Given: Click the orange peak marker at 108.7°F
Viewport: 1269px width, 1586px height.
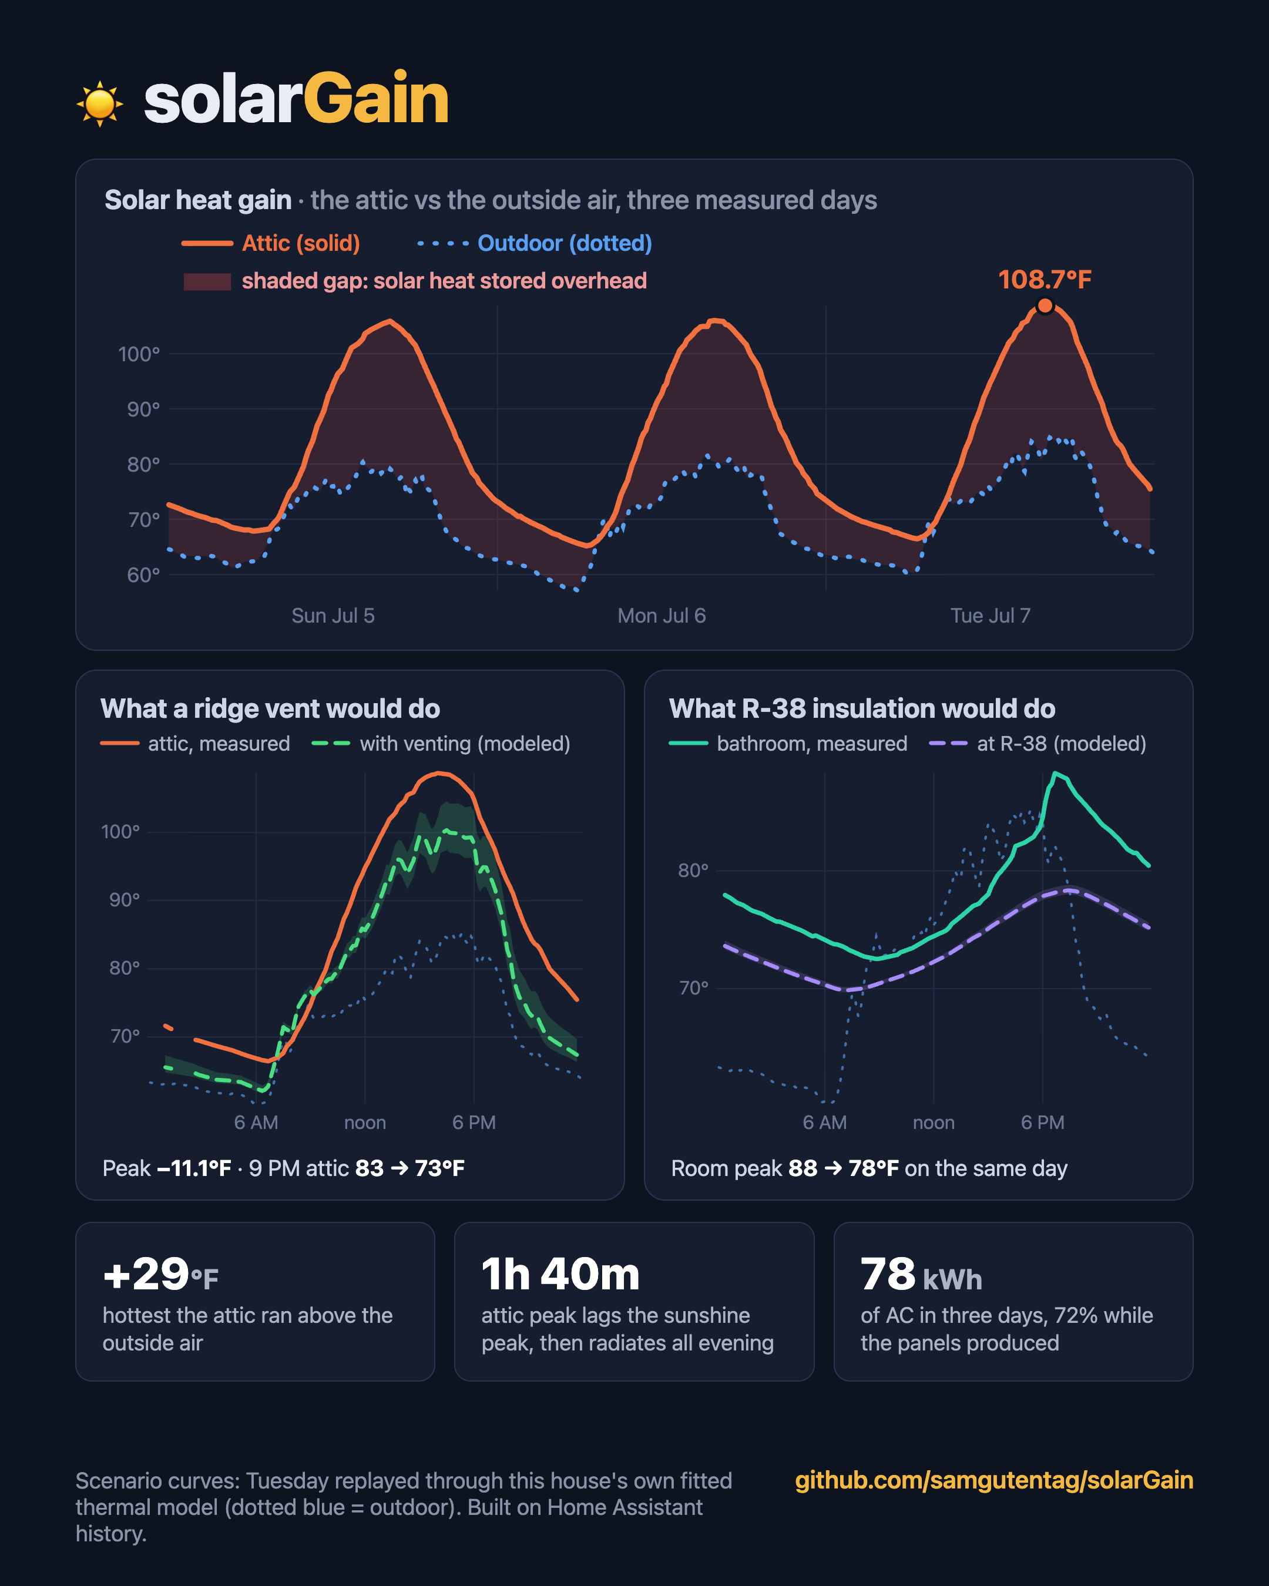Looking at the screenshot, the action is (1045, 305).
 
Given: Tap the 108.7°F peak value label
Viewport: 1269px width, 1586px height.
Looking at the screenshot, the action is (1045, 280).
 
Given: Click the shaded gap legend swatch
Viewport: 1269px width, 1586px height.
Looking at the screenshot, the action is (207, 281).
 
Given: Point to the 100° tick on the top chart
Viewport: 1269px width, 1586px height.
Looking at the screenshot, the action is (139, 355).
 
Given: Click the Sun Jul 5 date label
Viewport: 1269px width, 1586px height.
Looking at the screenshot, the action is (333, 616).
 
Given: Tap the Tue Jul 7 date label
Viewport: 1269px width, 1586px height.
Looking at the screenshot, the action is (990, 616).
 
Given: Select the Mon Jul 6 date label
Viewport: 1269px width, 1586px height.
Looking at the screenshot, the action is (662, 616).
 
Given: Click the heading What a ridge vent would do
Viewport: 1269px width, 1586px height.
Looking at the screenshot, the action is (270, 708).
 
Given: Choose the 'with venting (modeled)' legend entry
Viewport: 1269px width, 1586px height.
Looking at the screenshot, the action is (441, 744).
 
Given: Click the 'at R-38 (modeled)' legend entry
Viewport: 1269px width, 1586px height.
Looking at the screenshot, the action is (1038, 744).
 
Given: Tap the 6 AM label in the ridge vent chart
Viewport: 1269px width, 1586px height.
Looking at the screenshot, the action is (256, 1123).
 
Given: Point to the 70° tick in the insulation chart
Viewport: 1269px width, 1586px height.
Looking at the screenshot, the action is (694, 988).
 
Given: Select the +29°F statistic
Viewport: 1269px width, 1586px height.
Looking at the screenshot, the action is (160, 1275).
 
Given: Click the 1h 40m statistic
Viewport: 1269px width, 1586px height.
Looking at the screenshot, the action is (560, 1275).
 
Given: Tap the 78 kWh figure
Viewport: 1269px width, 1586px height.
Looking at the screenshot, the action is (921, 1275).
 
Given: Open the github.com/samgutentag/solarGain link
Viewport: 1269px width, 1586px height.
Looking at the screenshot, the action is (994, 1480).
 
